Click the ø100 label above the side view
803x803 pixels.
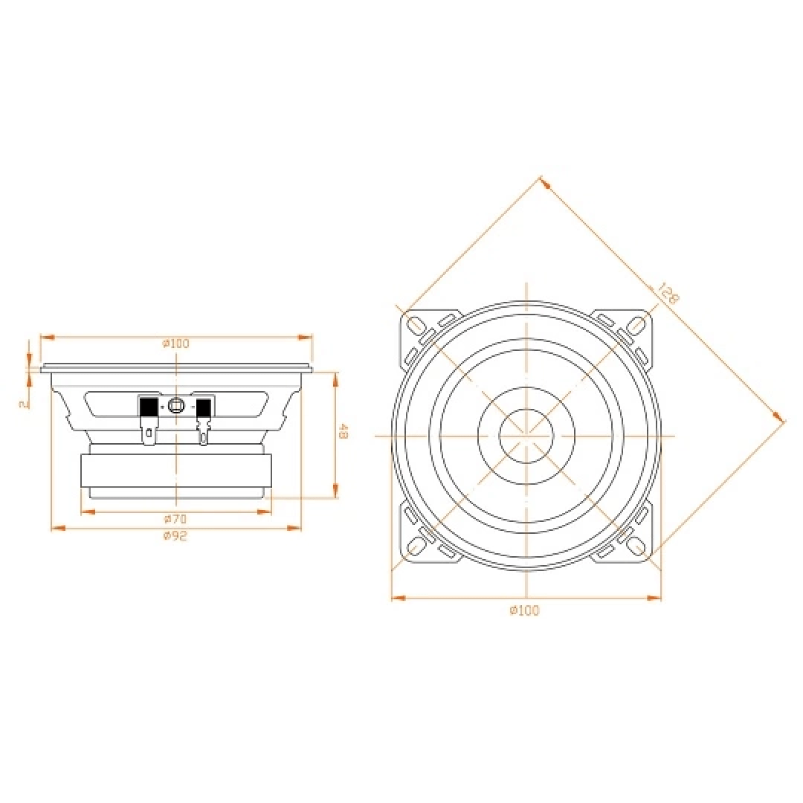click(x=176, y=343)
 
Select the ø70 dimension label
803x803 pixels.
click(x=175, y=519)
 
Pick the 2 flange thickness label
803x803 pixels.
click(x=22, y=404)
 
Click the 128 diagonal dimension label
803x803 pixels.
click(x=668, y=293)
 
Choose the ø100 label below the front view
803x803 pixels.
click(x=525, y=610)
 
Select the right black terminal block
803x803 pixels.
click(x=204, y=407)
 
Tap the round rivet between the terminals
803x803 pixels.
click(x=175, y=406)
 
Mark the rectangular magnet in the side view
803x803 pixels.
click(x=176, y=471)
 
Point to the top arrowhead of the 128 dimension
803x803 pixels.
click(x=546, y=183)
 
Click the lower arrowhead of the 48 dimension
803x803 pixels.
click(x=336, y=490)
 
